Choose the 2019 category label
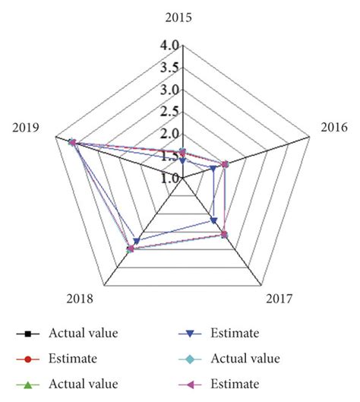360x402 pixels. point(28,127)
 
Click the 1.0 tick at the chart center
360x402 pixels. point(169,179)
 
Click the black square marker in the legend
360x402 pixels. point(27,333)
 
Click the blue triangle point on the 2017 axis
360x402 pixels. point(213,221)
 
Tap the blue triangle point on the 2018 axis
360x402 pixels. point(137,241)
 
